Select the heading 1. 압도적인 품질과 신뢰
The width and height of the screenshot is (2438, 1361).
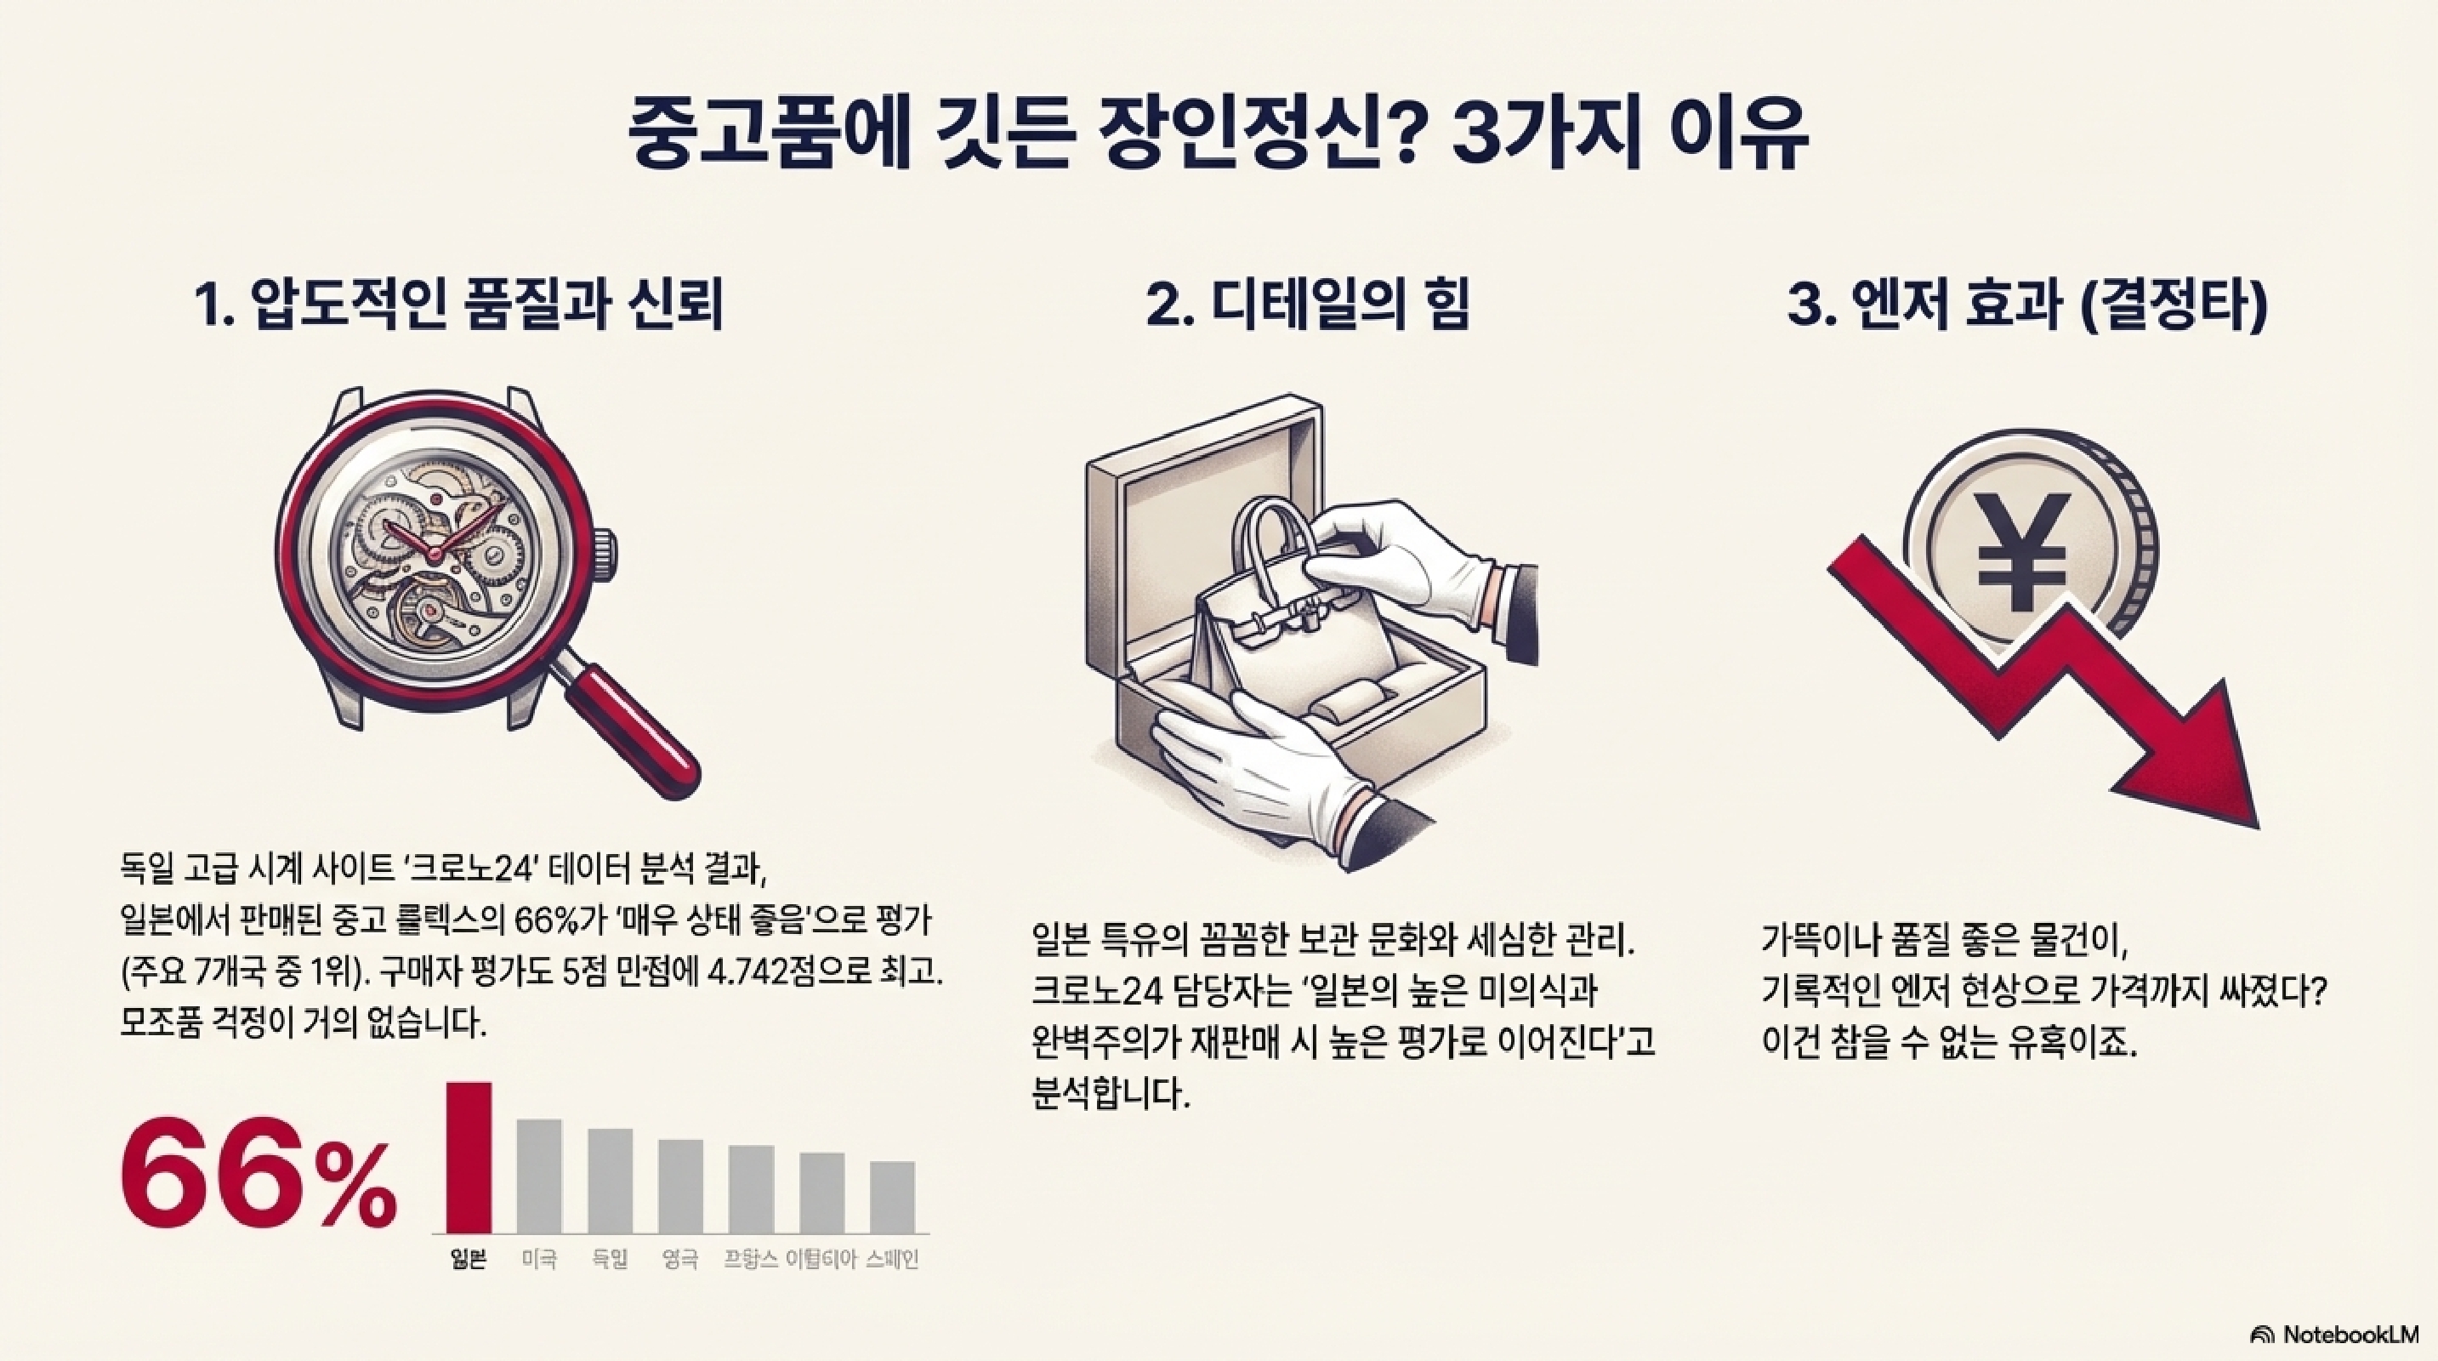(458, 305)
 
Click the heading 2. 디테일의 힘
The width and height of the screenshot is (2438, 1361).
(1308, 305)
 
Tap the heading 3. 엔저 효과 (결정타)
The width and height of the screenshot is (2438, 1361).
(2027, 305)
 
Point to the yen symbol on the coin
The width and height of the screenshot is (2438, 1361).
(2022, 555)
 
